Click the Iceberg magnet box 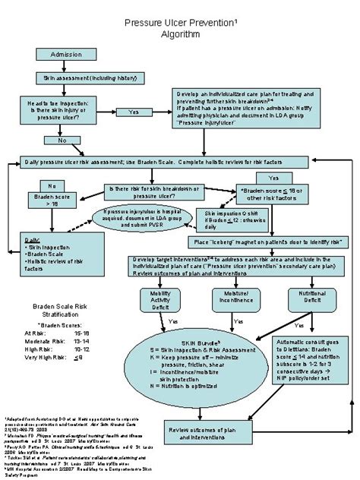click(251, 242)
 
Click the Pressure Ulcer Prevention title click(180, 27)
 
